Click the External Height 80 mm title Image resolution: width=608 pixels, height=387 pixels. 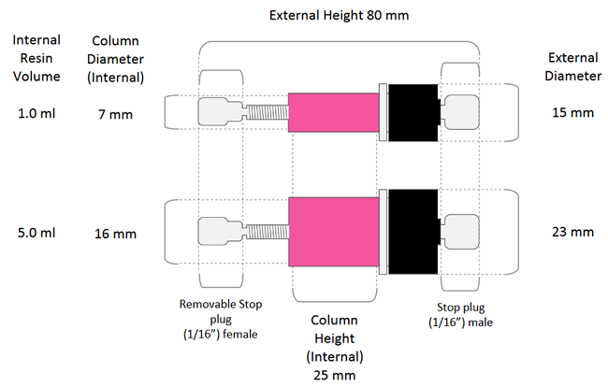339,16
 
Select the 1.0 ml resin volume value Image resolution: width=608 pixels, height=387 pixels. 36,113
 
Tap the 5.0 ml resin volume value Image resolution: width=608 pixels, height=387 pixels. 36,233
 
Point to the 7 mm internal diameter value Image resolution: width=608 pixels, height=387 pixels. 115,114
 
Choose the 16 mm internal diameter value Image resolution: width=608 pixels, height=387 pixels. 115,234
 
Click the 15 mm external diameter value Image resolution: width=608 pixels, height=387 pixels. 572,112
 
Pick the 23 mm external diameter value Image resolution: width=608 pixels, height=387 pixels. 572,232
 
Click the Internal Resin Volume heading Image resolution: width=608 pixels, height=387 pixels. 36,58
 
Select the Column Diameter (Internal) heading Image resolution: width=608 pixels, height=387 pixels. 115,59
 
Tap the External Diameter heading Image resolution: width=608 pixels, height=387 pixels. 572,66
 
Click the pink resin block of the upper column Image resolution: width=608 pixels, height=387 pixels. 334,112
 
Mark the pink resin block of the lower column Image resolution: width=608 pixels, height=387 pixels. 334,232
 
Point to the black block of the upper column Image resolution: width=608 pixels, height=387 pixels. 413,113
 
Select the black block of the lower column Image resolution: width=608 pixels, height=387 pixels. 413,232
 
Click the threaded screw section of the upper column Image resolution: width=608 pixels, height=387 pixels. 268,112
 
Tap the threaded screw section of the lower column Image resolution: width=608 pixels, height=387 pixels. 268,232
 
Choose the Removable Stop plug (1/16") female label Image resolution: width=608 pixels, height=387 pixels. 220,319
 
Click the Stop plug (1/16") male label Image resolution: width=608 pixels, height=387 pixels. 460,315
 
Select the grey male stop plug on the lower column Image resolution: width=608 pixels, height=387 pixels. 461,232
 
